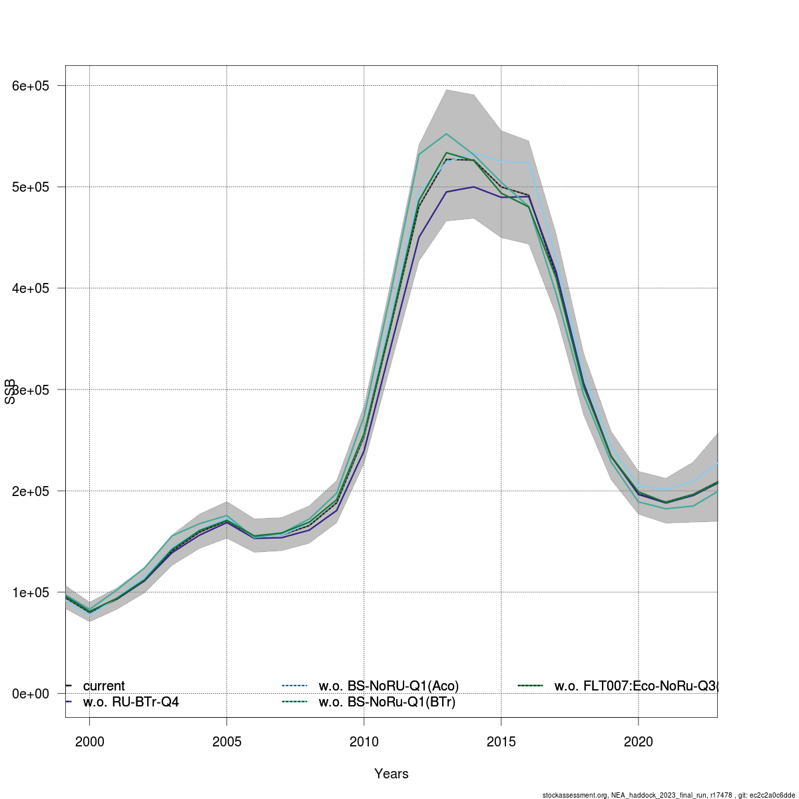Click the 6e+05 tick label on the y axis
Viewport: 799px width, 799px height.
[x=33, y=86]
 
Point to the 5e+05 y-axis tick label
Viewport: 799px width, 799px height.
[x=33, y=187]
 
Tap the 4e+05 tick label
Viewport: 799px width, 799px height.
[x=33, y=288]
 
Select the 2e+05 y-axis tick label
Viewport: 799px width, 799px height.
[x=33, y=491]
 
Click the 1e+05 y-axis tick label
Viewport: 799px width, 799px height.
[x=33, y=593]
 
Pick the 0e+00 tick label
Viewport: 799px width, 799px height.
[x=33, y=694]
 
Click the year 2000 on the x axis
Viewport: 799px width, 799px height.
[x=90, y=741]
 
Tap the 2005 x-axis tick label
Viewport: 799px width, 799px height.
[x=227, y=741]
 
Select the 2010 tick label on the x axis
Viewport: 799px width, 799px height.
[x=364, y=741]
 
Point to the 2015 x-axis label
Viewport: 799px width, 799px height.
[x=501, y=741]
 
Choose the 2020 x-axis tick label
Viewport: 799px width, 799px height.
[x=639, y=741]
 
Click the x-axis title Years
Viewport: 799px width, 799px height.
[x=392, y=774]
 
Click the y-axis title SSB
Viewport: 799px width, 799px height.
[x=10, y=392]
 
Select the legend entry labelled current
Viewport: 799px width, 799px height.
[x=103, y=686]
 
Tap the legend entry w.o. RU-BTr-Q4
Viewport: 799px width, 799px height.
[x=131, y=702]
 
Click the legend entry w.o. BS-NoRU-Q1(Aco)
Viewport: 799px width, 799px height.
[x=388, y=686]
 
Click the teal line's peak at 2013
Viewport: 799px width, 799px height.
[x=447, y=134]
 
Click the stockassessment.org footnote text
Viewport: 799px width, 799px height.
[x=668, y=794]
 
